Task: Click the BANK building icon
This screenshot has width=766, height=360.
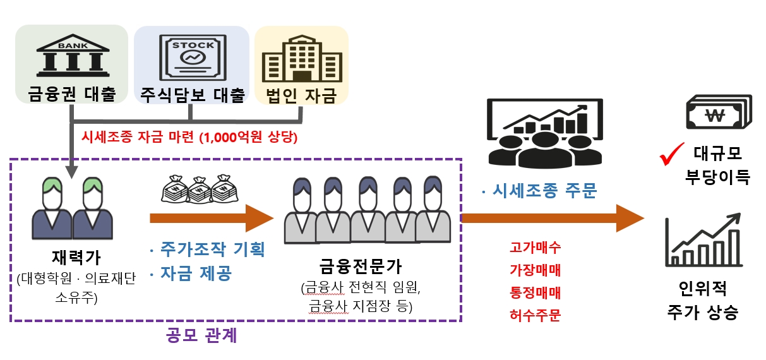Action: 73,56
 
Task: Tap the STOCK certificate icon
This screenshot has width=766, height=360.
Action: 193,57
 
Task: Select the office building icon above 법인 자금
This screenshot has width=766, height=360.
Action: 302,58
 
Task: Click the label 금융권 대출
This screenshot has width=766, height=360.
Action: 72,93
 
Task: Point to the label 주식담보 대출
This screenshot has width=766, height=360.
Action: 193,95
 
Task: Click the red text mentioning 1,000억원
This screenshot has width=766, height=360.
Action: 189,137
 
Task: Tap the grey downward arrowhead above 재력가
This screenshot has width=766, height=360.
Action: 71,172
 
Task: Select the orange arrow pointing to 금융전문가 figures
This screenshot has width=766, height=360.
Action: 212,218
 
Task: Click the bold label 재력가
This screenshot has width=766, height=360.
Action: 76,258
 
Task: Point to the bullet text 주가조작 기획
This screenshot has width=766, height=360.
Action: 207,249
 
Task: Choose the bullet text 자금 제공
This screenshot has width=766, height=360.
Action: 191,273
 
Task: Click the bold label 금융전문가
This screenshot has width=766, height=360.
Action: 361,267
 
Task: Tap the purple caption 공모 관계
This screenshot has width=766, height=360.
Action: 201,335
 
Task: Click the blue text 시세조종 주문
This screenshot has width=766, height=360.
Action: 539,191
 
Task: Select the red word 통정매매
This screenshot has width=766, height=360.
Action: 535,292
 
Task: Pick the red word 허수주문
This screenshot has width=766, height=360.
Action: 535,315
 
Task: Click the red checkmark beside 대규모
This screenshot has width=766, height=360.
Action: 672,154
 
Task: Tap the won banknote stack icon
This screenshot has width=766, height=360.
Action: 719,112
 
